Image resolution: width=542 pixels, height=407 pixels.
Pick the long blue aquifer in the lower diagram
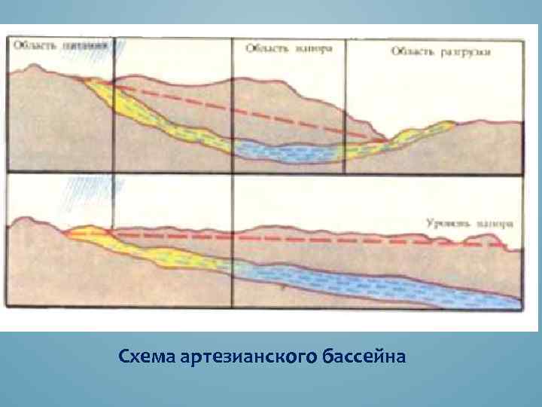pyautogui.click(x=376, y=284)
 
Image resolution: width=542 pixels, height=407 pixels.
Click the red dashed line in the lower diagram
pyautogui.click(x=301, y=240)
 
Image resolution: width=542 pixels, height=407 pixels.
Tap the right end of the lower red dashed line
pyautogui.click(x=501, y=245)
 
